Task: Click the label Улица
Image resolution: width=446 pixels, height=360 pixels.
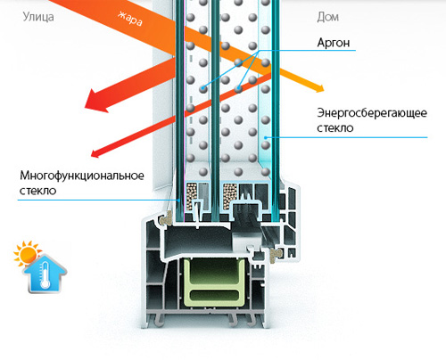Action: [38, 17]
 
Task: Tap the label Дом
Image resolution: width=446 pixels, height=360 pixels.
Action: [328, 17]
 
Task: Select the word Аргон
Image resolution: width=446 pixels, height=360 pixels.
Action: [334, 43]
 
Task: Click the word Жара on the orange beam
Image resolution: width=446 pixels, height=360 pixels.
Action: [130, 19]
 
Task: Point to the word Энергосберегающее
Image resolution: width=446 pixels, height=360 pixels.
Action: [372, 113]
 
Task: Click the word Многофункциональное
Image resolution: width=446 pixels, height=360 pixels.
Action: [82, 176]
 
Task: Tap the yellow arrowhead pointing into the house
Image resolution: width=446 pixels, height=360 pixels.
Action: [318, 88]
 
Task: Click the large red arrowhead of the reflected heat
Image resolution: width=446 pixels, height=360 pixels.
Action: [95, 101]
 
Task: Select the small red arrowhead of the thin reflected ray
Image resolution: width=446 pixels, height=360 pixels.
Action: [95, 153]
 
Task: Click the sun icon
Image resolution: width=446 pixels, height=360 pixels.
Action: [26, 253]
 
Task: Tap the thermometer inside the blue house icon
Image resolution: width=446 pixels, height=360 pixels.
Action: [45, 274]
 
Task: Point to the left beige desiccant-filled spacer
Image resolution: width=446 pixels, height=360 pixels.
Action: [191, 197]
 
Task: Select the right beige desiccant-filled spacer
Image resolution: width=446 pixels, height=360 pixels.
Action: [230, 197]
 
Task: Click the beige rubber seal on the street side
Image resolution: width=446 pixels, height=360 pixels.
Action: [166, 219]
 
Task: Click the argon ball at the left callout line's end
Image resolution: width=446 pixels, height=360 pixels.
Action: [203, 88]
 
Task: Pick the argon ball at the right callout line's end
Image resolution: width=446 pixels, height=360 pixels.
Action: [238, 88]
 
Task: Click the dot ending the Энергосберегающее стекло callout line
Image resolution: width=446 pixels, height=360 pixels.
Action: [266, 137]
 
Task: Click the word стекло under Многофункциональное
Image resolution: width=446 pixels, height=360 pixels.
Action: [38, 191]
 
